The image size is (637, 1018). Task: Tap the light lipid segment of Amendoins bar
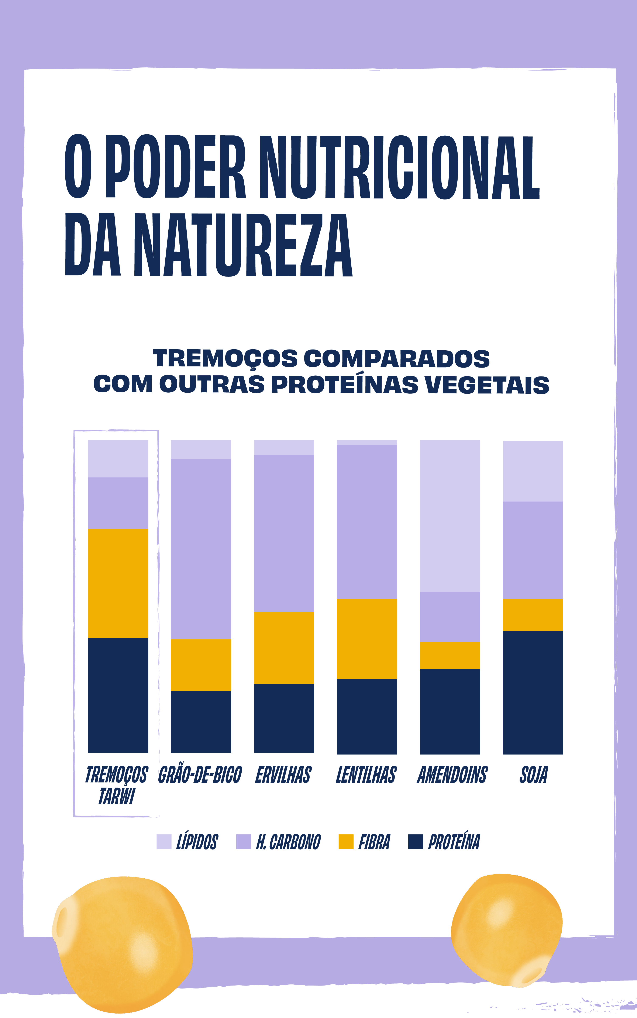450,516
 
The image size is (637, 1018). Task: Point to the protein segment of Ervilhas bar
284,718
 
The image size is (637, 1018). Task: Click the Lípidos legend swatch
164,841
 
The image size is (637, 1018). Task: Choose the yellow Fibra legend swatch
346,841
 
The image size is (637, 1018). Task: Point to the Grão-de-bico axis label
200,775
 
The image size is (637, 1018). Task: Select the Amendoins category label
452,775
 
